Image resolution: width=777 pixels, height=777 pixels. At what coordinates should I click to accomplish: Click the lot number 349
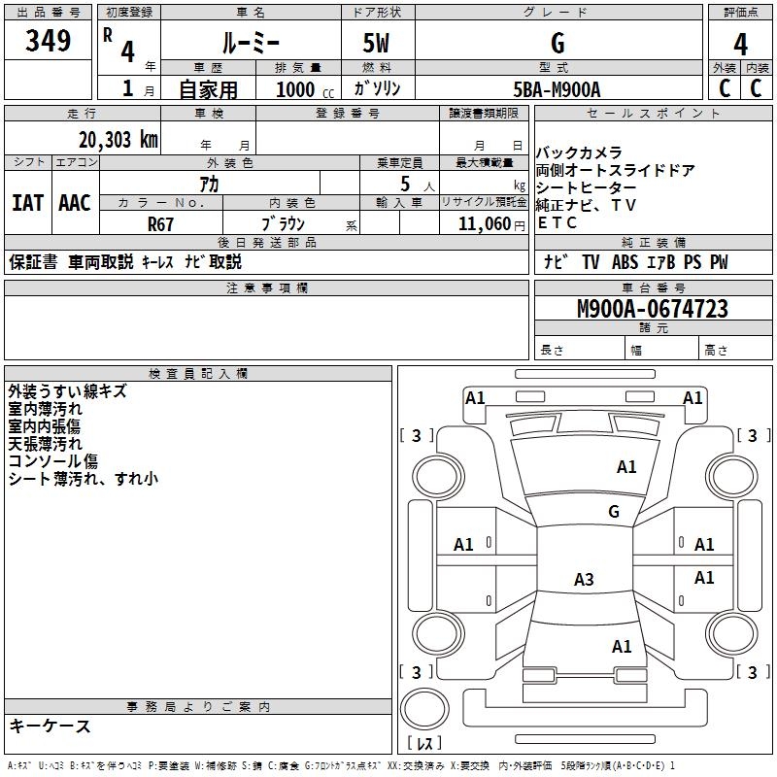click(x=48, y=40)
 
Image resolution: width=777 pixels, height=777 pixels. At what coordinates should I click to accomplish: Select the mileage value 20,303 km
click(x=118, y=140)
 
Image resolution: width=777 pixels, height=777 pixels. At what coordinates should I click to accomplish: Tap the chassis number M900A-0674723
click(x=653, y=309)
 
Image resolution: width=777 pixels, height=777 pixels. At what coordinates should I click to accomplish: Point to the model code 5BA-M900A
click(x=557, y=89)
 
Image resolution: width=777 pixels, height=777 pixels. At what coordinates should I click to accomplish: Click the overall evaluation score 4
click(x=740, y=45)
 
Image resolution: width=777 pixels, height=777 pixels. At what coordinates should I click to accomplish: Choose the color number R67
click(x=160, y=224)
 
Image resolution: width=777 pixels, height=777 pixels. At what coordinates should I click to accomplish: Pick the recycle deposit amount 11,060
click(x=484, y=224)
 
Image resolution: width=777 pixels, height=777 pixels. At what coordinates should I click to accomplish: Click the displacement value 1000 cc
click(x=305, y=89)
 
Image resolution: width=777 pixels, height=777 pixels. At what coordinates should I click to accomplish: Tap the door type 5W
click(x=376, y=43)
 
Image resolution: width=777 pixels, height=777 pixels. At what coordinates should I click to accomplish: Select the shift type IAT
click(x=28, y=203)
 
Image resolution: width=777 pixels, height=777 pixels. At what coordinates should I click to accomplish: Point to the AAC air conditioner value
click(x=75, y=203)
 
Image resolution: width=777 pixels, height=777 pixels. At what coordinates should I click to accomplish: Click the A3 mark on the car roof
click(x=584, y=579)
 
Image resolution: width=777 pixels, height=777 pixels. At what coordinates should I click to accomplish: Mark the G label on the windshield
click(x=614, y=511)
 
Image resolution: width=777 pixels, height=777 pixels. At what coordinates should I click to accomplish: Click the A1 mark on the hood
click(x=626, y=467)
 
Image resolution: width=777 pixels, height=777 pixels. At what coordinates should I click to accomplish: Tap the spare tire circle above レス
click(x=424, y=708)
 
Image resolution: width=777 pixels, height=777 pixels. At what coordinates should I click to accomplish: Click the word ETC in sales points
click(x=557, y=223)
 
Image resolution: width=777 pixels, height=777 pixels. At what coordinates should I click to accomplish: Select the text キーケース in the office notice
click(x=51, y=726)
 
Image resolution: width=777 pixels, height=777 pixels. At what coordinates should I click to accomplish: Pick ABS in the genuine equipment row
click(x=625, y=262)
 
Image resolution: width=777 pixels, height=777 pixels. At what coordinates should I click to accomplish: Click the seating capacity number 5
click(x=405, y=184)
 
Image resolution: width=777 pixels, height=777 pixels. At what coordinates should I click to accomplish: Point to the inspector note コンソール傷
click(x=53, y=461)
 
